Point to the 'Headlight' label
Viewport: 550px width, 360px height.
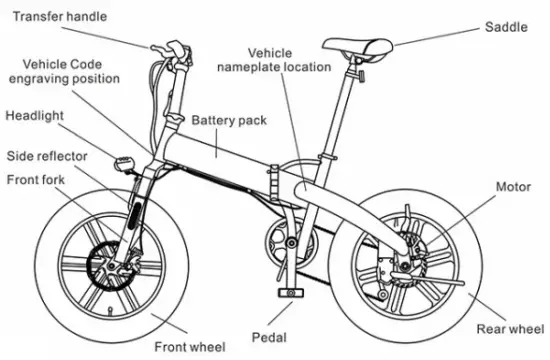pyautogui.click(x=35, y=116)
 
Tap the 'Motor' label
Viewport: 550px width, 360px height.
pyautogui.click(x=514, y=187)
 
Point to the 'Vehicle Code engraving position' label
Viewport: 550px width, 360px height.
pyautogui.click(x=64, y=70)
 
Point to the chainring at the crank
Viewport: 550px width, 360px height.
pyautogui.click(x=283, y=243)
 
